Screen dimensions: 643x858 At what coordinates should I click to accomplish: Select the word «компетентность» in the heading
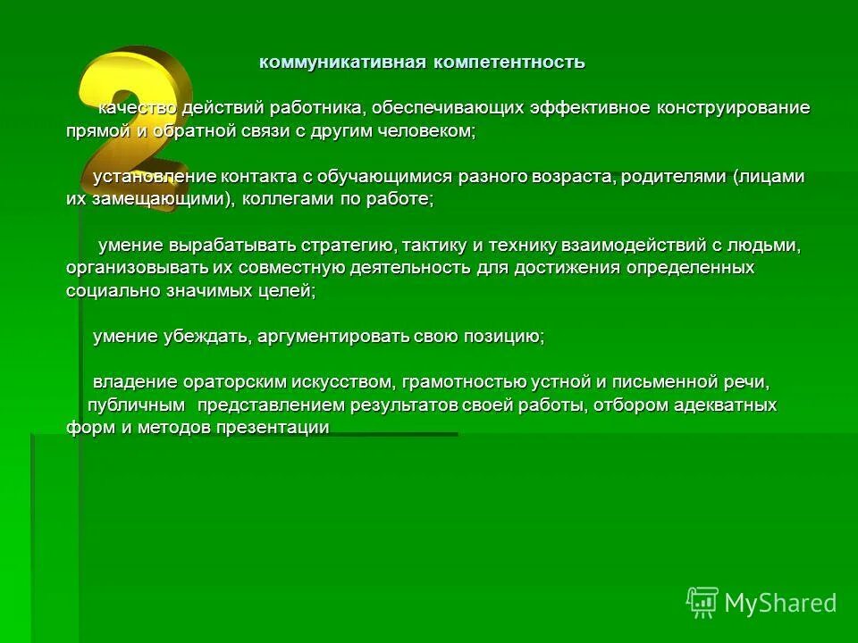click(510, 63)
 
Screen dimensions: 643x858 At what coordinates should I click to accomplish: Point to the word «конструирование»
click(734, 108)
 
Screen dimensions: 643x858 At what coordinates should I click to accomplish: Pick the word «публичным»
click(137, 405)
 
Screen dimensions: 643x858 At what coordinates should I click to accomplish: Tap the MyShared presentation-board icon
click(702, 603)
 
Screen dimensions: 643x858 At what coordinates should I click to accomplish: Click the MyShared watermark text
click(780, 604)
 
